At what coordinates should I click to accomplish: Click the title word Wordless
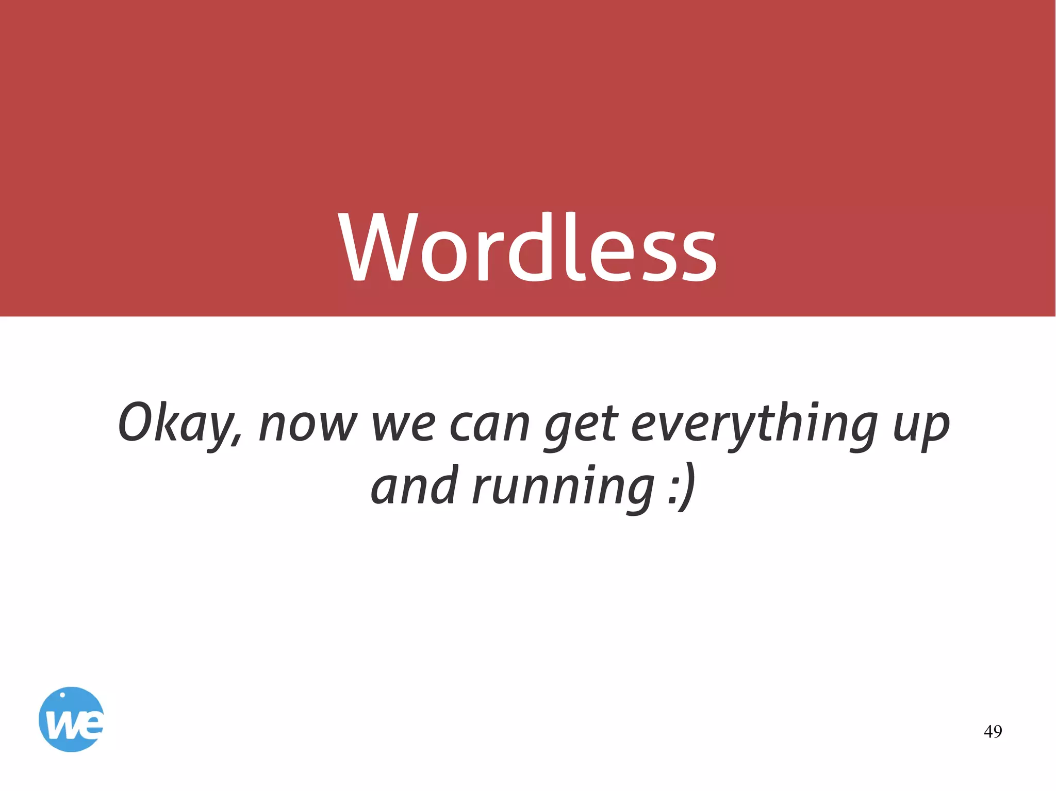(x=527, y=247)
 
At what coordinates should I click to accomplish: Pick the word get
(x=581, y=428)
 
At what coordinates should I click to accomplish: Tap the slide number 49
(x=993, y=731)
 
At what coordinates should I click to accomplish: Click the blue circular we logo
(x=71, y=719)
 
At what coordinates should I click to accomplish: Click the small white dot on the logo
(x=62, y=695)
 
